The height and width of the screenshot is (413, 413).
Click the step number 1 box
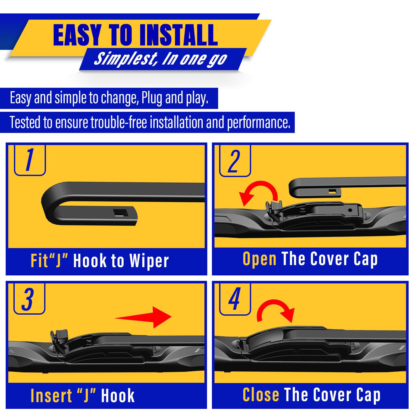coord(30,160)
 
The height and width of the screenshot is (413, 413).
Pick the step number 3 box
coord(29,299)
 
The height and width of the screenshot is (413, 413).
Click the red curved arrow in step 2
coord(258,192)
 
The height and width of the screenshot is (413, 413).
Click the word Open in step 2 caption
coord(259,259)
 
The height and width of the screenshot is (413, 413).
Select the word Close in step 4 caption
coord(261,395)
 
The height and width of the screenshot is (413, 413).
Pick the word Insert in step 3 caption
coord(51,396)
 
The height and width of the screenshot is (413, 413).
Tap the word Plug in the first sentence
coord(152,98)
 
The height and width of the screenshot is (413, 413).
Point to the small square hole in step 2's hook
coord(332,191)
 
